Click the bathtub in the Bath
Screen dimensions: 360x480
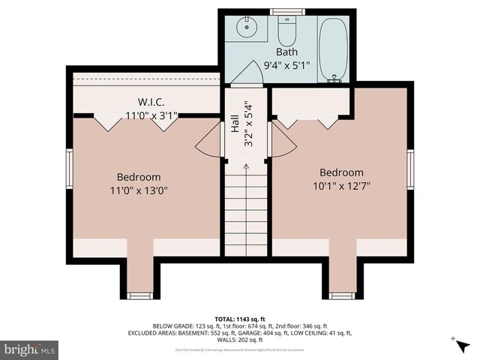pyautogui.click(x=333, y=49)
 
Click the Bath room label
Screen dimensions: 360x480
pyautogui.click(x=286, y=52)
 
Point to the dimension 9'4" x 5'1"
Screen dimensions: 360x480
pyautogui.click(x=286, y=65)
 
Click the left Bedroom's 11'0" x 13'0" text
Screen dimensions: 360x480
pyautogui.click(x=139, y=190)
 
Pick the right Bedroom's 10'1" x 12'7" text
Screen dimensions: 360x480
pyautogui.click(x=341, y=185)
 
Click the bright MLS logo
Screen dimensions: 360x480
pyautogui.click(x=30, y=349)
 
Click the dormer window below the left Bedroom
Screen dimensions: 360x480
pyautogui.click(x=139, y=295)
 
